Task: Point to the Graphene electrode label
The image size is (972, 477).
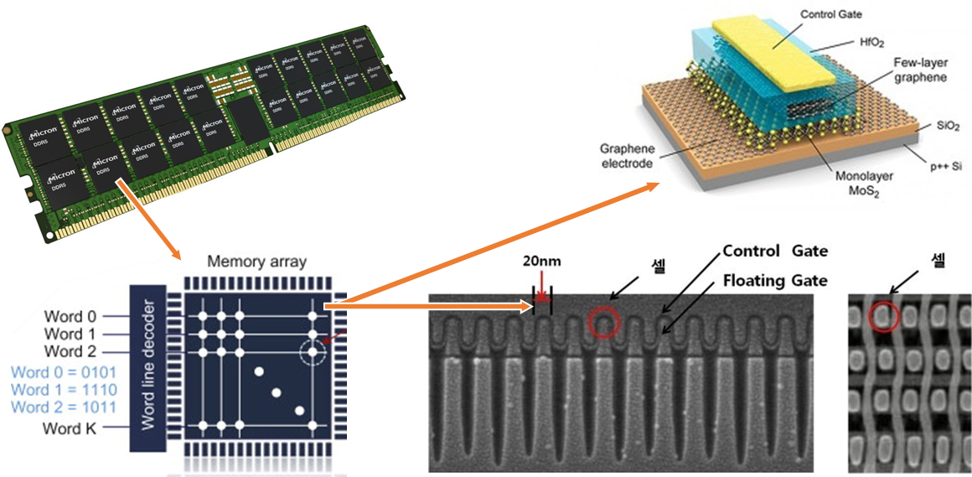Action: tap(626, 157)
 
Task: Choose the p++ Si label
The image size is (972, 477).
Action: tap(944, 167)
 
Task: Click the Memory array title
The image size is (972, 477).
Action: tap(256, 262)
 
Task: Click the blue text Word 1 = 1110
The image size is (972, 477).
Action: tap(65, 390)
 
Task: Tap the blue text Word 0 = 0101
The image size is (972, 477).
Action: tap(65, 371)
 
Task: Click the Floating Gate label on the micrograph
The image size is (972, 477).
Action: tap(775, 281)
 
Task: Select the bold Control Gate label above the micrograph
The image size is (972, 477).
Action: tap(775, 251)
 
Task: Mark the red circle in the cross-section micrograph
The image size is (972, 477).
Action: tap(605, 320)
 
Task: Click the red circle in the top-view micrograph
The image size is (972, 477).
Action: tap(883, 316)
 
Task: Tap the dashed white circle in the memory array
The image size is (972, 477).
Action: tap(313, 352)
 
